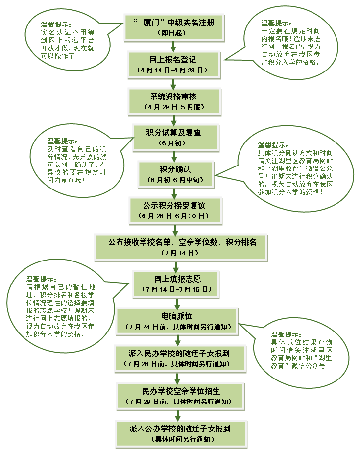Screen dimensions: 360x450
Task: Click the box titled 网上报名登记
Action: pos(174,65)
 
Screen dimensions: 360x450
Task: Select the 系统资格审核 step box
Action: pos(174,101)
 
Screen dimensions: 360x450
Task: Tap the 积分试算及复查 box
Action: pos(176,138)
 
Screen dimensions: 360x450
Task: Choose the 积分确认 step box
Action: pos(176,174)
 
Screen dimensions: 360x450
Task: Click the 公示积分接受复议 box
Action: pos(176,211)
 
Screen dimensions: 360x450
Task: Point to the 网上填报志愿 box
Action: pos(176,284)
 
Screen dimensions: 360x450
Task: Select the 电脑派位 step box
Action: pos(177,321)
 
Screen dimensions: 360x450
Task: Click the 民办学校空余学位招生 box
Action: pos(181,396)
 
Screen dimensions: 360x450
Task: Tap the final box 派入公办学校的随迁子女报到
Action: pos(181,434)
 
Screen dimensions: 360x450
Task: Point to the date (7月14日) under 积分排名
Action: pos(180,253)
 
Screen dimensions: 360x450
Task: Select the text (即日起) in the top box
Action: pos(172,33)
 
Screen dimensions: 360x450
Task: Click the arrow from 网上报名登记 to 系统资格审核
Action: pos(173,84)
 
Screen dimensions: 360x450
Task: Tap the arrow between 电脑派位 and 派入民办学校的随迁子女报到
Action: pos(178,340)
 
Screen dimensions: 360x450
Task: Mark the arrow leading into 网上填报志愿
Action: pos(176,266)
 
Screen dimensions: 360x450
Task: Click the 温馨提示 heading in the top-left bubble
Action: pos(55,24)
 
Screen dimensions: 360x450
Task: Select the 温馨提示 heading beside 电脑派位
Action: pos(286,334)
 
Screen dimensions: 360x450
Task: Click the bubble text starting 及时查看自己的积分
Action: pos(77,165)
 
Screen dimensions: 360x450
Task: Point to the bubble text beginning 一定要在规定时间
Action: pos(290,47)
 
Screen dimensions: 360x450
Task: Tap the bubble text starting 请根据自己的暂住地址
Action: pos(60,310)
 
